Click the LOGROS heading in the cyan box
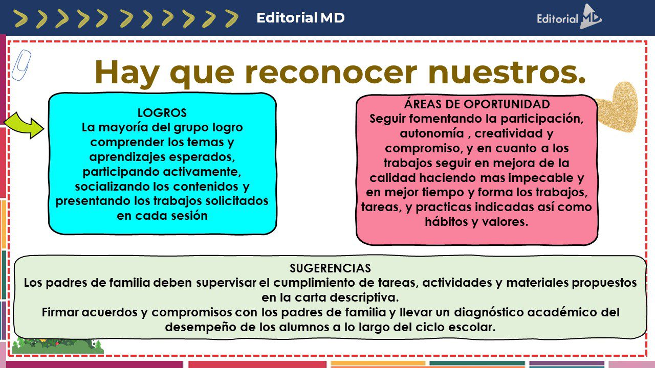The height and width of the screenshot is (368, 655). [162, 113]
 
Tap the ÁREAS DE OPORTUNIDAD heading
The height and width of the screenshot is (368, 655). [477, 104]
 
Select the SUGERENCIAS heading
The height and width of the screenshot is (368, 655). [330, 268]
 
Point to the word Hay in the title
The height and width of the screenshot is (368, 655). [127, 73]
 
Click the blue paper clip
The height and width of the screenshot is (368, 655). [21, 65]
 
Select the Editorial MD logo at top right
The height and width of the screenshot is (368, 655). [569, 17]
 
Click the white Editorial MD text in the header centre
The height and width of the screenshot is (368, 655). [300, 18]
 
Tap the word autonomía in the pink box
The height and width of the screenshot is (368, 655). [431, 133]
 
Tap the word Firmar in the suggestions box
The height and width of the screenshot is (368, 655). [60, 312]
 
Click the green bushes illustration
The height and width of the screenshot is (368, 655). [58, 346]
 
